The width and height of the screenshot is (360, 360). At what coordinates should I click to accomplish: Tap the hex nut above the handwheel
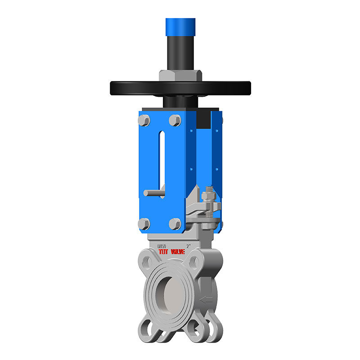point(180,75)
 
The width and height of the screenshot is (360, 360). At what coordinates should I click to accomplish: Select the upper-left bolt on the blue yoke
point(144,121)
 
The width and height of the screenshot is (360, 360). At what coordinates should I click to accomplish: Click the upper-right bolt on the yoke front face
point(175,120)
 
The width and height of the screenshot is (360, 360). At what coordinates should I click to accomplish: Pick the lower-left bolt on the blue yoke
point(144,224)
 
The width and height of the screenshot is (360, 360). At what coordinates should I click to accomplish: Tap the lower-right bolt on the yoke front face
point(175,224)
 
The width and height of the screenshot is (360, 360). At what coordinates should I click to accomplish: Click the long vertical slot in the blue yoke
point(161,157)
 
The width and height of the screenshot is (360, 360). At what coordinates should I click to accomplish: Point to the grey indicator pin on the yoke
point(153,193)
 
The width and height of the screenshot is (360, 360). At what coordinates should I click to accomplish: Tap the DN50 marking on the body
point(162,246)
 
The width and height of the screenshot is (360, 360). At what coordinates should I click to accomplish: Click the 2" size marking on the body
point(189,246)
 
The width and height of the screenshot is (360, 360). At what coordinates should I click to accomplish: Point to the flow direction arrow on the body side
point(207,299)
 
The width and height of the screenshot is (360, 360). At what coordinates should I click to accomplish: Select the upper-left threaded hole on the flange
point(147,260)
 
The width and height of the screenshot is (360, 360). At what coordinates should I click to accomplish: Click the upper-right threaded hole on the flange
point(194,260)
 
